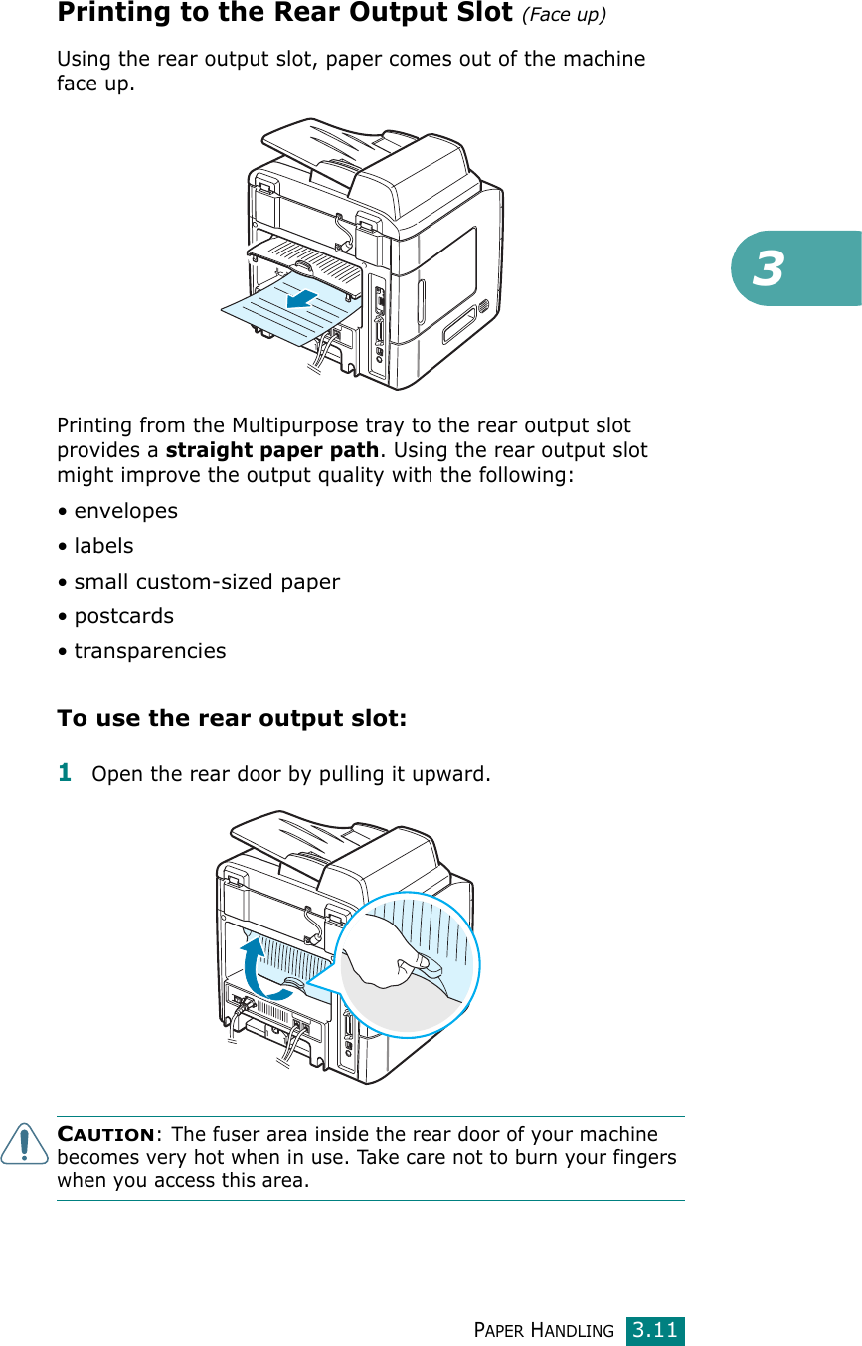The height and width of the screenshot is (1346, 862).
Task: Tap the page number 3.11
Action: point(655,1329)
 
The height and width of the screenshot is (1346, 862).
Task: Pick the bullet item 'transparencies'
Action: point(149,651)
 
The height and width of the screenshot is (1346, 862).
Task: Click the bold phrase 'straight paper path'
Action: point(271,450)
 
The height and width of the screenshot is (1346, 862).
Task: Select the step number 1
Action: point(65,771)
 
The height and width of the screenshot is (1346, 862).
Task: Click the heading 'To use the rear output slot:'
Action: point(232,718)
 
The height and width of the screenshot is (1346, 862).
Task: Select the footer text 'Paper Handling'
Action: point(544,1330)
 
